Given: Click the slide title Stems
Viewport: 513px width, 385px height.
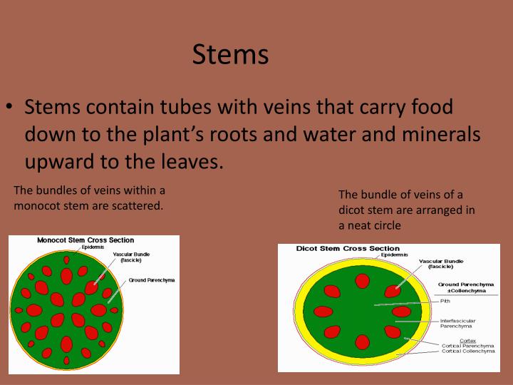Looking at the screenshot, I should pos(230,55).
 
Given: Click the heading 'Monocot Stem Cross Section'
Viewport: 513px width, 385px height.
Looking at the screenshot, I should pos(85,240).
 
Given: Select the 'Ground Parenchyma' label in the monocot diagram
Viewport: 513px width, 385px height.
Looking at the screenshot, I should pos(152,280).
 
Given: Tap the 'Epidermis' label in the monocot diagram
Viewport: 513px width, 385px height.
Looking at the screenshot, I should pos(93,247).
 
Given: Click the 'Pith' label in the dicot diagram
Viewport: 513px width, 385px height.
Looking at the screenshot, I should pos(445,301).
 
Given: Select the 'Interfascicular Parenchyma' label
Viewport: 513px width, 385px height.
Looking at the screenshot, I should pos(457,324).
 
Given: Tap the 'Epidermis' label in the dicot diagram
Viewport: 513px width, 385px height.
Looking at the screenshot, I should pos(395,255).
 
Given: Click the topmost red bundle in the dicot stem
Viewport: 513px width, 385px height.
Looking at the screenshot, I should pos(363,279).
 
